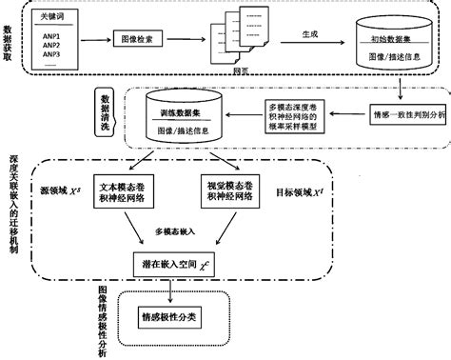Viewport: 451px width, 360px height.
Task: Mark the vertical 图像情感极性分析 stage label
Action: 103,321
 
